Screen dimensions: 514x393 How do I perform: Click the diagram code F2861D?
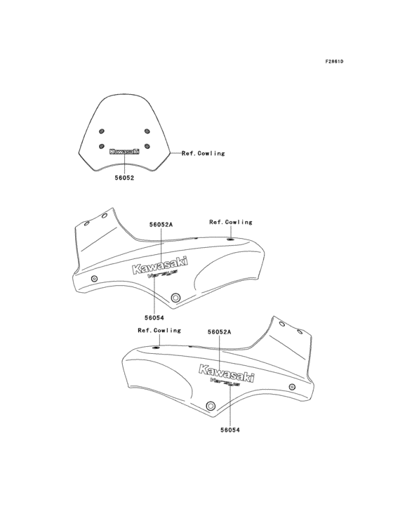[x=334, y=62]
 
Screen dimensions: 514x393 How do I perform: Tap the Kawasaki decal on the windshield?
[x=124, y=151]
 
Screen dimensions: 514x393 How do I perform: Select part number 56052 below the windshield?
[x=124, y=178]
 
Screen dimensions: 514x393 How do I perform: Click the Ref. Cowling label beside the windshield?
[x=204, y=153]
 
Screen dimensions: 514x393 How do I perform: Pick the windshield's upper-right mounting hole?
[x=146, y=131]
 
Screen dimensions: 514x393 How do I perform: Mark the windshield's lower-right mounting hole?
[x=146, y=145]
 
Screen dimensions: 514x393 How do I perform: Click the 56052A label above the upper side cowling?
[x=161, y=225]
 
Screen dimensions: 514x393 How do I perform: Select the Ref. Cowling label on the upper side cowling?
[x=230, y=222]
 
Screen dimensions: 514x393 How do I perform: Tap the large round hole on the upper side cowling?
[x=174, y=294]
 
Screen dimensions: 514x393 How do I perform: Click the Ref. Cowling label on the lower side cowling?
[x=159, y=330]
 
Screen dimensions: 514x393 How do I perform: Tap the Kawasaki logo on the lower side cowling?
[x=227, y=374]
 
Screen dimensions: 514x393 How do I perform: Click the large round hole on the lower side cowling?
[x=211, y=406]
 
